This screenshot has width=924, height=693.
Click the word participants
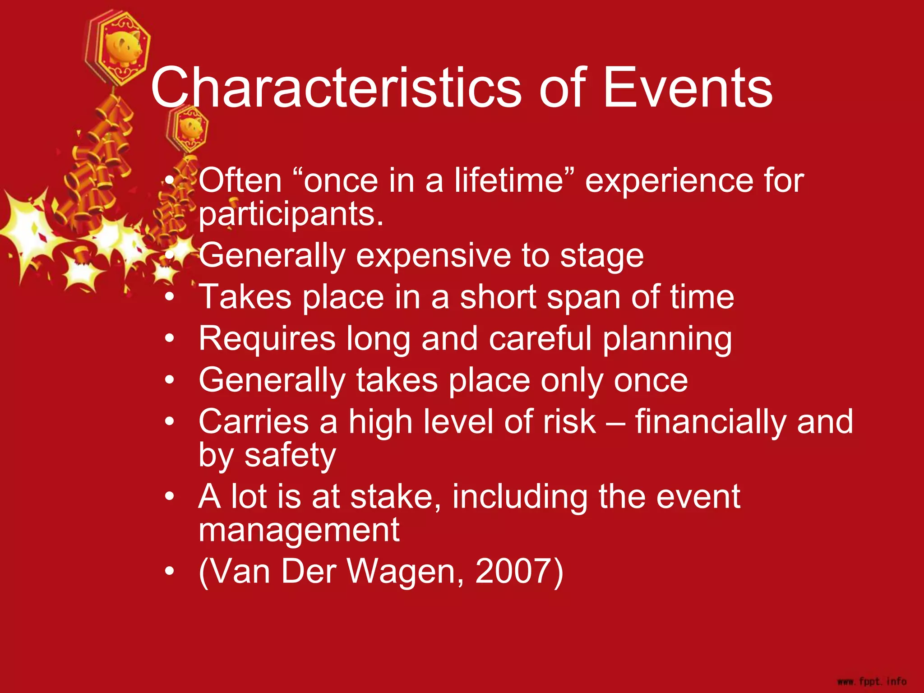[x=291, y=215]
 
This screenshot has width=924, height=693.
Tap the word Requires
[x=267, y=339]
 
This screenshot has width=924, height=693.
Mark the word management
[x=299, y=531]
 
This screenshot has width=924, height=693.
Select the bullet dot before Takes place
[x=169, y=297]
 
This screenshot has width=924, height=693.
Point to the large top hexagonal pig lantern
[x=118, y=48]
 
